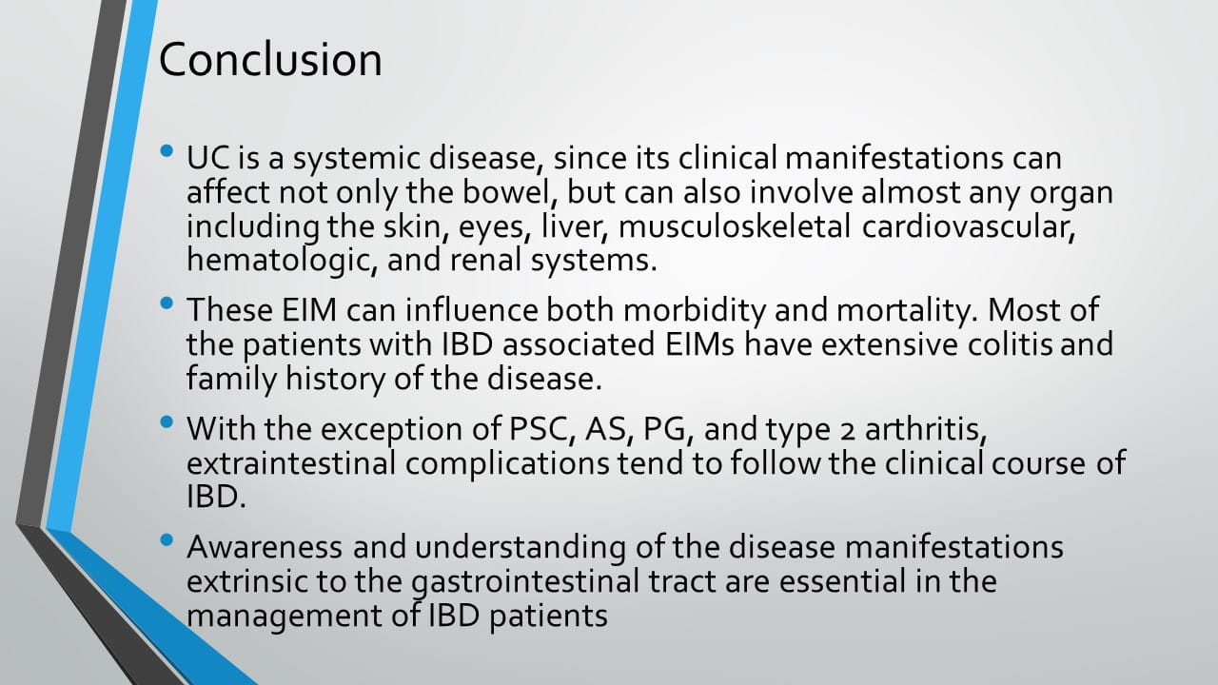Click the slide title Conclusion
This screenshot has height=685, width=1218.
coord(270,59)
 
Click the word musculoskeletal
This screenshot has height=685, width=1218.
coord(734,226)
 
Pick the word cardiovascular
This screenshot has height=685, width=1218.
coord(969,226)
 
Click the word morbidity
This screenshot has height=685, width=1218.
coord(695,311)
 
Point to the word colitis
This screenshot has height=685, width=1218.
coord(1010,344)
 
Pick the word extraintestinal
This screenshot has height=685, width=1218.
coord(291,463)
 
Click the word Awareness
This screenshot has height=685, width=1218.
coord(265,547)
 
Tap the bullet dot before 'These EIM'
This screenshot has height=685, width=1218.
coord(167,303)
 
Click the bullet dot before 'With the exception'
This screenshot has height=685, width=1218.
coord(167,421)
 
